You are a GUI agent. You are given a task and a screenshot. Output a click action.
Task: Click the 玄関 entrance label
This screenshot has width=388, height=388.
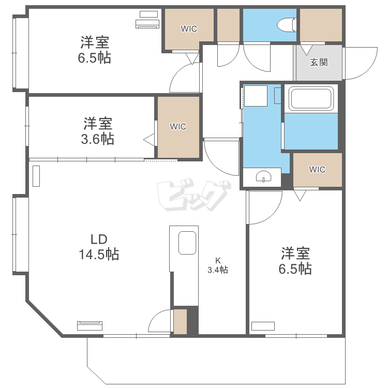tap(319, 62)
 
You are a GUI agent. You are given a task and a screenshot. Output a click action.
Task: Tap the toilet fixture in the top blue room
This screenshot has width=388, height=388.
tap(286, 24)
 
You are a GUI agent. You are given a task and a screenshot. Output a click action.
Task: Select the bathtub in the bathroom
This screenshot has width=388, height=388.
tap(310, 98)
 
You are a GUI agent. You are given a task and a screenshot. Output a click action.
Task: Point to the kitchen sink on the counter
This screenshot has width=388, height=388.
tap(187, 243)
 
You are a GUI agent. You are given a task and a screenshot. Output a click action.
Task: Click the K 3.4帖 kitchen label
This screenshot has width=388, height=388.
tap(218, 265)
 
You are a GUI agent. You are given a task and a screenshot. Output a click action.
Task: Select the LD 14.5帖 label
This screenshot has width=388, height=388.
tap(98, 247)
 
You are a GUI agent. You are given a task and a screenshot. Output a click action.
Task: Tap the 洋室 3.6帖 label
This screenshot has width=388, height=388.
tap(99, 131)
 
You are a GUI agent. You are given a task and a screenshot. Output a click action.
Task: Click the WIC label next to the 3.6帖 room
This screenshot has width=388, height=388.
tap(178, 126)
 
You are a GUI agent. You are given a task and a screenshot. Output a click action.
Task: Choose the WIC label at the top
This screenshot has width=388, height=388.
tap(189, 29)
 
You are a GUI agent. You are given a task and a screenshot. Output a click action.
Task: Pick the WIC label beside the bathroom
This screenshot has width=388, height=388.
tap(317, 169)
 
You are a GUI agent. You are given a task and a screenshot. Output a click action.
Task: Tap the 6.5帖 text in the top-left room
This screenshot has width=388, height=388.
tap(94, 57)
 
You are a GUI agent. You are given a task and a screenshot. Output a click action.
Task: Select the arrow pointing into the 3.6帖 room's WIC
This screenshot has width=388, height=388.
tap(149, 139)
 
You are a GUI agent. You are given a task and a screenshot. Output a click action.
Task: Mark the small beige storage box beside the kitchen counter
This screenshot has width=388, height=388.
tap(180, 321)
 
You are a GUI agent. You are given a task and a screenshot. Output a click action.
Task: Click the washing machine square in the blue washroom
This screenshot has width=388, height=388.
tap(255, 96)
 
